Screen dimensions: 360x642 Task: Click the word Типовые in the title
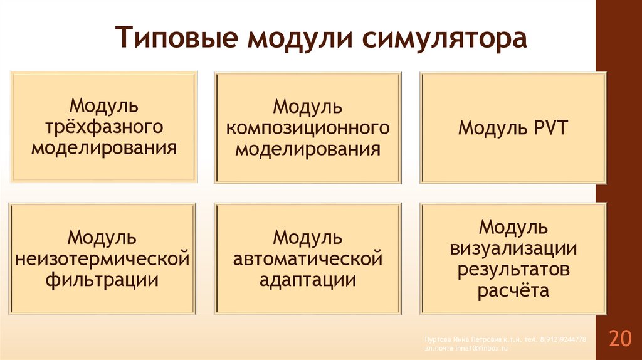[x=177, y=38]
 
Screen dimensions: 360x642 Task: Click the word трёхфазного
[x=104, y=127]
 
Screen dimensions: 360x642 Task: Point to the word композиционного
[x=308, y=128]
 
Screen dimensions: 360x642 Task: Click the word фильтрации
[x=102, y=279]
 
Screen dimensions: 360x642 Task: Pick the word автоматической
[x=308, y=258]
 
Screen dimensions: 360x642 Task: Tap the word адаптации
[x=308, y=279]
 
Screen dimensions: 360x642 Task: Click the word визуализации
[x=513, y=248]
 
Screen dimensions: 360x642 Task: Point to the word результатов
[x=513, y=269]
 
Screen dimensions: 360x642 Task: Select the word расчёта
[x=513, y=290]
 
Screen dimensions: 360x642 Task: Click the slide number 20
[x=619, y=339]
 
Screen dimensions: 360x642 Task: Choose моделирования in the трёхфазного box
[x=104, y=149]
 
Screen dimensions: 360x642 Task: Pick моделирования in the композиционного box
[x=308, y=149]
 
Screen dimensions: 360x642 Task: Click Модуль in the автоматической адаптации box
[x=308, y=237]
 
